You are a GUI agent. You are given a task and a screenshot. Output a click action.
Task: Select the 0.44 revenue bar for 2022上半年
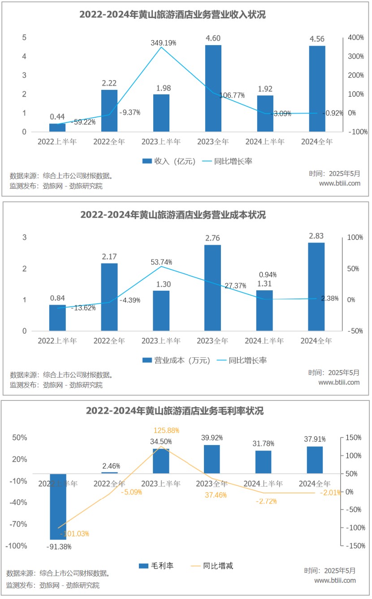[x=57, y=127]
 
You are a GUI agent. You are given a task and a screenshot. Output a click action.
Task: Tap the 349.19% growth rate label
[x=163, y=43]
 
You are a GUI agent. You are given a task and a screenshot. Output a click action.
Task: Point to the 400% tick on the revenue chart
[x=356, y=38]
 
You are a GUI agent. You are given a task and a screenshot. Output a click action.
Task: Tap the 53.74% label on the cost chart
[x=161, y=262]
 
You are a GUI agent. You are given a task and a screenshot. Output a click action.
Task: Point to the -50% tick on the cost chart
[x=356, y=331]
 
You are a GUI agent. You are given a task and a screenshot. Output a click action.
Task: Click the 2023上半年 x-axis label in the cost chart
[x=161, y=341]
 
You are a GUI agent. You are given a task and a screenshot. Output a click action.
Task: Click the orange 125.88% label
[x=166, y=430]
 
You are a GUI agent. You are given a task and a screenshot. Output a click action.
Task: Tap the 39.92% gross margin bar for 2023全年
[x=212, y=459]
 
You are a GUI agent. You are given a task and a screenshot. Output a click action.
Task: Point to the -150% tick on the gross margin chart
[x=356, y=546]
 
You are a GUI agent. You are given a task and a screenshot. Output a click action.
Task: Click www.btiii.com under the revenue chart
[x=339, y=183]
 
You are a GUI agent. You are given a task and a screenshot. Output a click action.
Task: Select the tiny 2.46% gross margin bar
[x=109, y=472]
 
